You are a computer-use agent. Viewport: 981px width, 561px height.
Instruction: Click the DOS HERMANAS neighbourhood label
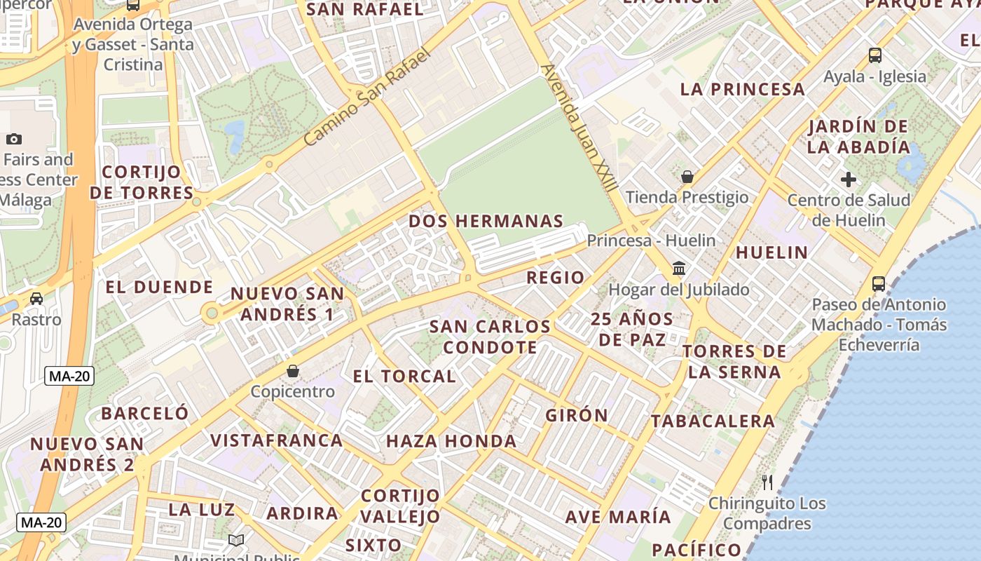pyautogui.click(x=486, y=221)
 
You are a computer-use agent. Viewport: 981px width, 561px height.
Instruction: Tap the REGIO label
pyautogui.click(x=555, y=277)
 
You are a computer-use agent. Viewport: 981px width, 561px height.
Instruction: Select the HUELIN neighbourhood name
pyautogui.click(x=771, y=252)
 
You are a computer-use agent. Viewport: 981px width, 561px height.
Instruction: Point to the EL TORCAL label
pyautogui.click(x=404, y=376)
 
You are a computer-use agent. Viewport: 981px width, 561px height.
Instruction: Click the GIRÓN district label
pyautogui.click(x=577, y=415)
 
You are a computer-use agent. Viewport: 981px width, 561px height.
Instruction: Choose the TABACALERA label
pyautogui.click(x=713, y=421)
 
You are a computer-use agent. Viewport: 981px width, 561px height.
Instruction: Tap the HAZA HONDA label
pyautogui.click(x=451, y=441)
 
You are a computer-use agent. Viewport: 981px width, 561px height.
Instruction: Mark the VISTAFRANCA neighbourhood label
pyautogui.click(x=277, y=440)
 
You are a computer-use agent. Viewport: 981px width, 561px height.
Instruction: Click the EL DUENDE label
pyautogui.click(x=159, y=287)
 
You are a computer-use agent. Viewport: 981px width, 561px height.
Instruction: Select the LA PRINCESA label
pyautogui.click(x=743, y=89)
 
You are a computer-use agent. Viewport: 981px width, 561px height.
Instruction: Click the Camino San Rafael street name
pyautogui.click(x=366, y=97)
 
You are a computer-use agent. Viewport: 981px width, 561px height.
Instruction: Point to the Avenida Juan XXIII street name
pyautogui.click(x=579, y=128)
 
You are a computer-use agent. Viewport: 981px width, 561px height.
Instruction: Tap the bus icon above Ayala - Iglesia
pyautogui.click(x=874, y=55)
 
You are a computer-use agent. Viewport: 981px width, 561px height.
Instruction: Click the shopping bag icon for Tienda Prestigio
pyautogui.click(x=687, y=177)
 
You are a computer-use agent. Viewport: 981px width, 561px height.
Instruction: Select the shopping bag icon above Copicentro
pyautogui.click(x=293, y=370)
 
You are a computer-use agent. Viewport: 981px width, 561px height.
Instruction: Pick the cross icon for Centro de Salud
pyautogui.click(x=849, y=180)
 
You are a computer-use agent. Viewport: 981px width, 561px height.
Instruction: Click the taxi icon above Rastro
pyautogui.click(x=36, y=299)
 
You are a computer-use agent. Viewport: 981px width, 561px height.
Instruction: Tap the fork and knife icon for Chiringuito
pyautogui.click(x=767, y=482)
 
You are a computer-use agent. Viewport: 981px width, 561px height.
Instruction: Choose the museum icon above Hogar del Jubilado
pyautogui.click(x=678, y=269)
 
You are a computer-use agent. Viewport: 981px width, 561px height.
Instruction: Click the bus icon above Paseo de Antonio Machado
pyautogui.click(x=879, y=284)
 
